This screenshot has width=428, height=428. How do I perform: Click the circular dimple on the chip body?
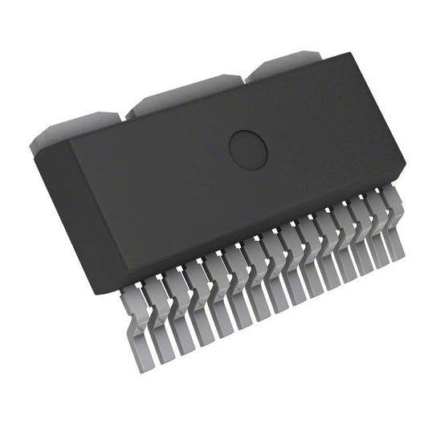[247, 147]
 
